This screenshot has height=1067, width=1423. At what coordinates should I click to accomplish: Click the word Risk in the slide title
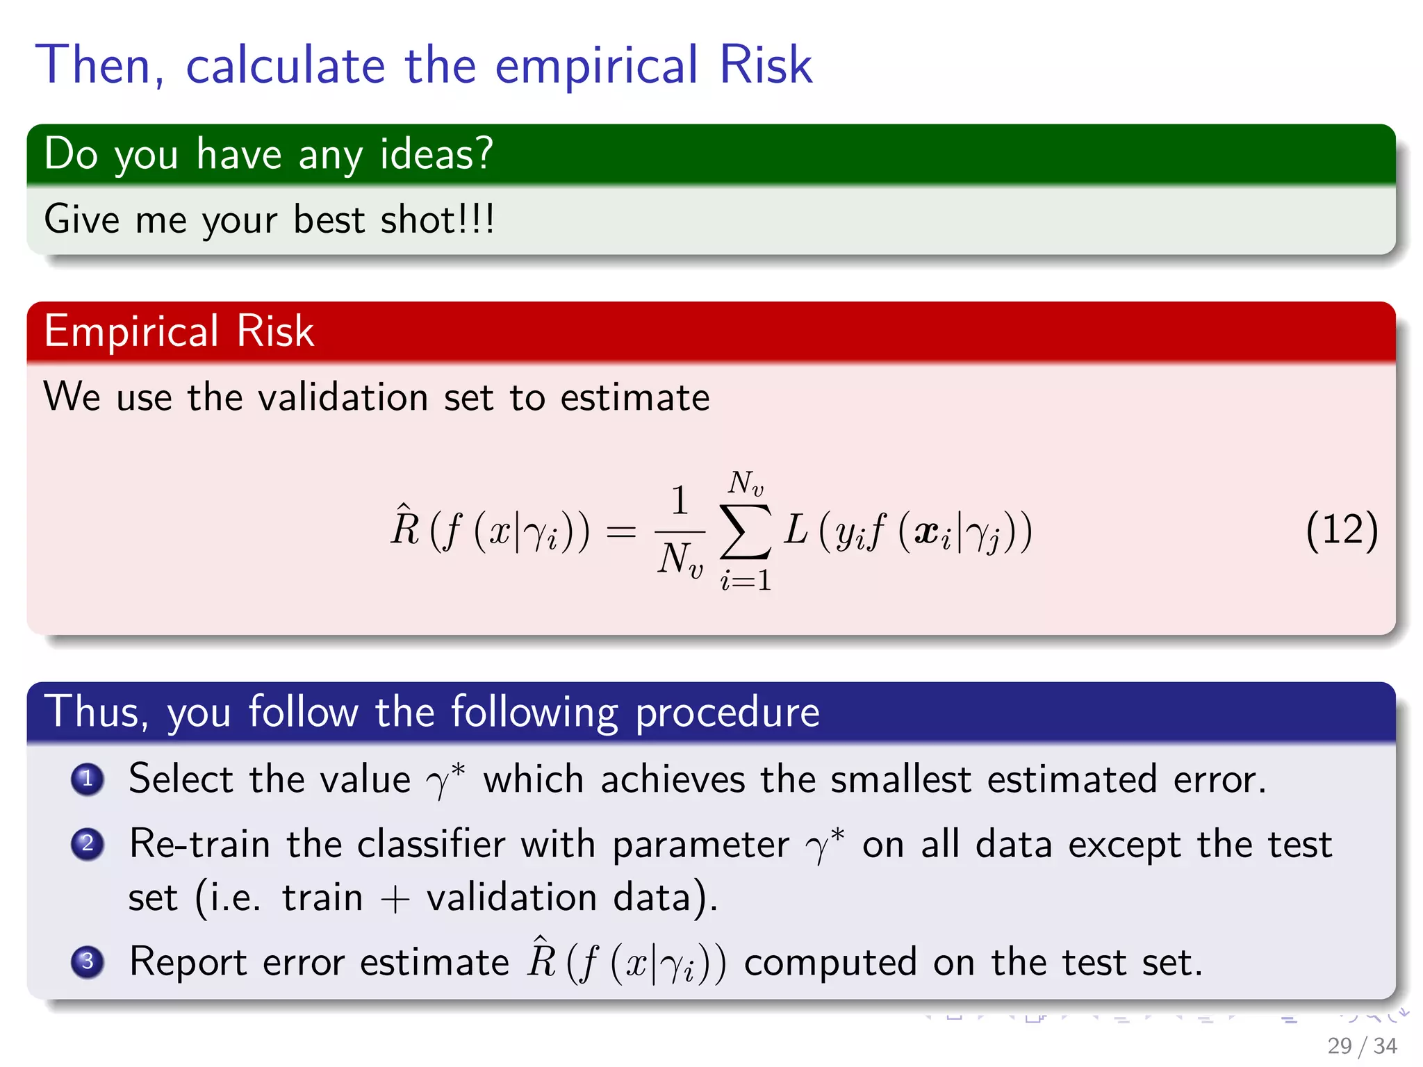click(765, 65)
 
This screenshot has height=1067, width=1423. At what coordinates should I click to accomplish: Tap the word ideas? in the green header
click(436, 154)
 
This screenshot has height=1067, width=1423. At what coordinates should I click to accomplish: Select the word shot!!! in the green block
click(437, 220)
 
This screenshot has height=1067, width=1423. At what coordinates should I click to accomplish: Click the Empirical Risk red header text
click(179, 331)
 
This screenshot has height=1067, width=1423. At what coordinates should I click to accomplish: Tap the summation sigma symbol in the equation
click(746, 531)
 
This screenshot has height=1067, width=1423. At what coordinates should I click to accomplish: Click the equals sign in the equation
click(620, 532)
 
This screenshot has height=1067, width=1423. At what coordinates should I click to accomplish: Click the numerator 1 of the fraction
click(680, 500)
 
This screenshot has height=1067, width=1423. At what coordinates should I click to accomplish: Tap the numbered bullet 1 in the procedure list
click(88, 779)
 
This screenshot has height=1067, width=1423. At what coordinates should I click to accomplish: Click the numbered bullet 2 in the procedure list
click(88, 844)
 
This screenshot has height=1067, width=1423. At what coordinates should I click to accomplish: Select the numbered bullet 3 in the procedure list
click(88, 961)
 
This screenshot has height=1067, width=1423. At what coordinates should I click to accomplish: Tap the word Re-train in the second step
click(199, 844)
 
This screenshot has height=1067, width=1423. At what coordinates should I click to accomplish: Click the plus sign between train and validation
click(395, 898)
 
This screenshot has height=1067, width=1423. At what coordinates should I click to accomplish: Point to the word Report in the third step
click(188, 962)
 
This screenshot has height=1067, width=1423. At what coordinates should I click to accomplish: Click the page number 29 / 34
click(1361, 1045)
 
